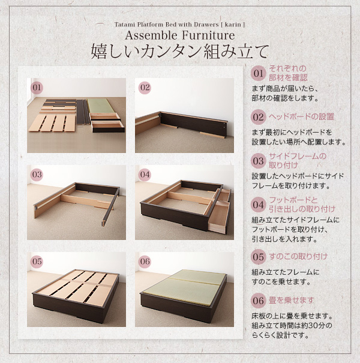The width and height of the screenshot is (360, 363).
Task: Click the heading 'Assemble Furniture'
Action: (x=180, y=35)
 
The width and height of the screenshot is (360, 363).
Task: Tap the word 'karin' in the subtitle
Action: (x=233, y=25)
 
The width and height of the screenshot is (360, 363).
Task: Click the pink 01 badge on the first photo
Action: (x=37, y=88)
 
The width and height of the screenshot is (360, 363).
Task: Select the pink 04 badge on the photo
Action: (x=145, y=175)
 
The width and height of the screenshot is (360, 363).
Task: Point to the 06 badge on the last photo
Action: (x=145, y=262)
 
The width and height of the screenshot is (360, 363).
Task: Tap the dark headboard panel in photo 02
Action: (x=194, y=124)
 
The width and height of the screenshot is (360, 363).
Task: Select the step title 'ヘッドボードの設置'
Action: (x=301, y=116)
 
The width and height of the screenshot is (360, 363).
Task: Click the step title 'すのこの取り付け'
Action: (x=298, y=257)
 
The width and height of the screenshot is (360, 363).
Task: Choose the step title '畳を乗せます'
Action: (x=291, y=301)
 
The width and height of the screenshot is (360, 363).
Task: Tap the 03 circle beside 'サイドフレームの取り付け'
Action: (x=258, y=161)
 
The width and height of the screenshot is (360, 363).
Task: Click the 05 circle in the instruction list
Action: (x=258, y=257)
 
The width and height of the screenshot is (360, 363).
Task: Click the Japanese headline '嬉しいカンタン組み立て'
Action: (x=180, y=52)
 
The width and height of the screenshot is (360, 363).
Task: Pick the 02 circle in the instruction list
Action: (x=258, y=117)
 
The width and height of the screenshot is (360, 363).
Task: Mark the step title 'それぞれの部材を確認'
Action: (x=288, y=73)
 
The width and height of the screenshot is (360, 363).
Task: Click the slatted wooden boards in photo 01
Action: (x=53, y=123)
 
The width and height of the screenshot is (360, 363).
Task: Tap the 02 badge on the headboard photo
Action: (x=145, y=88)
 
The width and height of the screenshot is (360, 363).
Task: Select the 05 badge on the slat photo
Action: (x=37, y=262)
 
